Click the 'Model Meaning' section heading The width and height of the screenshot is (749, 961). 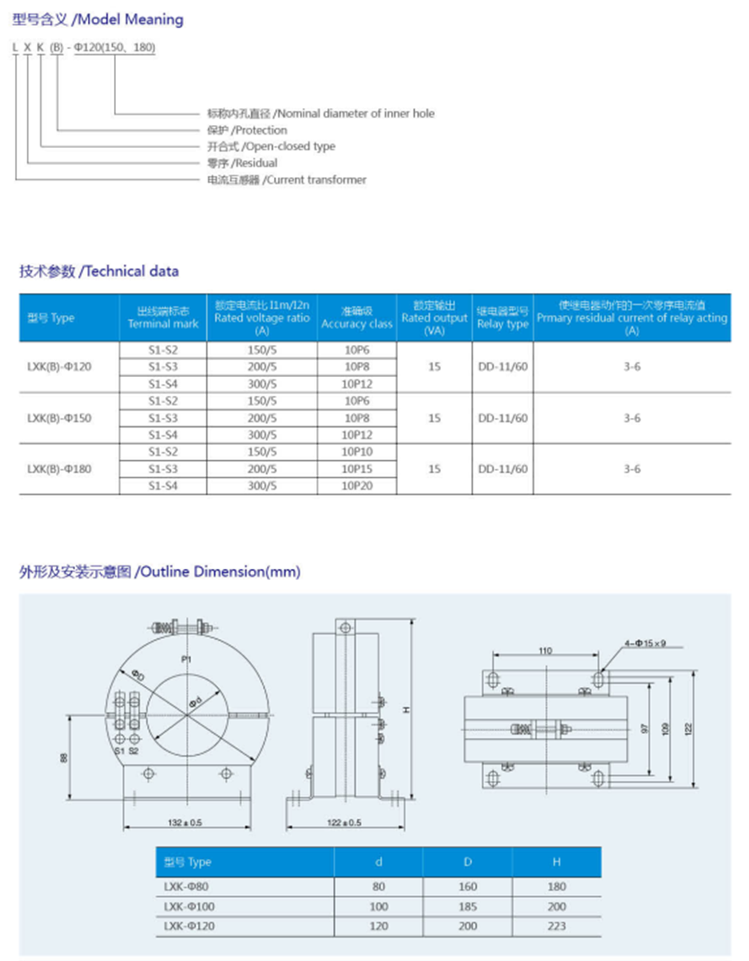tap(98, 19)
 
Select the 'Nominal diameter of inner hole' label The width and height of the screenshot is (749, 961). tap(321, 114)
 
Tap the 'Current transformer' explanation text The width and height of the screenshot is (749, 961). tap(287, 180)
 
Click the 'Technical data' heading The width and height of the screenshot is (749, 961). tap(99, 271)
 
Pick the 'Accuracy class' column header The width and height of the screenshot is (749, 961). tap(356, 318)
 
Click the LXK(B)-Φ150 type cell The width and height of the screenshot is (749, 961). tap(60, 418)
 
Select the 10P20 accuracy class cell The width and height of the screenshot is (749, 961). tap(357, 486)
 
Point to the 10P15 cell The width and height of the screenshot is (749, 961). tap(357, 469)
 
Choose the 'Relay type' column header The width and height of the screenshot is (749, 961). tap(503, 318)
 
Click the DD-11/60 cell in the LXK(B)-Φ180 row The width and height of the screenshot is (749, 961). tap(503, 469)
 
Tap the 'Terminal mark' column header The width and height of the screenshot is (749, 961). tap(163, 318)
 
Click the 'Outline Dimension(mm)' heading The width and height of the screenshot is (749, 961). tap(160, 572)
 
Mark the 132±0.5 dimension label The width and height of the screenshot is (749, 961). tap(185, 823)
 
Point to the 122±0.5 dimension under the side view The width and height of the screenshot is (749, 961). tap(344, 823)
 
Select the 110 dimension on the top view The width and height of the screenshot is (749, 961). tap(545, 651)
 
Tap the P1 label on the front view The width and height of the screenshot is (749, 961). tap(186, 660)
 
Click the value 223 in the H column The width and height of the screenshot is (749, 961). tap(556, 926)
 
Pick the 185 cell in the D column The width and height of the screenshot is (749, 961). tap(468, 907)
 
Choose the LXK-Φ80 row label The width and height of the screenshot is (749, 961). tap(186, 887)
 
